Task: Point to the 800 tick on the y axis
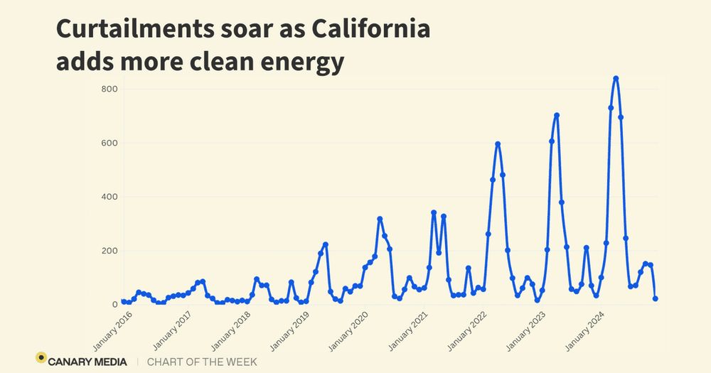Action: (x=108, y=89)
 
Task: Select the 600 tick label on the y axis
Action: (x=108, y=143)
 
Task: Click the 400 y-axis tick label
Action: (x=108, y=197)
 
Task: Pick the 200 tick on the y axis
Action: (x=108, y=251)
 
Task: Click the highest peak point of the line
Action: (x=616, y=79)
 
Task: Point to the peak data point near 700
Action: (x=557, y=115)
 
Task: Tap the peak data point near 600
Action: (x=498, y=144)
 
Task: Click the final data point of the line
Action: (x=655, y=299)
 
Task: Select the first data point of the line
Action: (x=124, y=302)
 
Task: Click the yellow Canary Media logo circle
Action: (x=41, y=358)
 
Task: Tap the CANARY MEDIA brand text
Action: (x=89, y=362)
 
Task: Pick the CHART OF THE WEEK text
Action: (x=202, y=362)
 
